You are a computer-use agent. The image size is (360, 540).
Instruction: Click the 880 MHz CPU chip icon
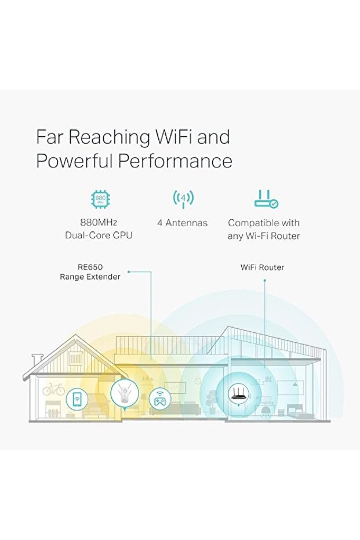[101, 200]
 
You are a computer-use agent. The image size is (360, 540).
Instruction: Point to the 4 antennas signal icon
[183, 200]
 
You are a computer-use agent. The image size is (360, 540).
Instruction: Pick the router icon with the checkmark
[266, 200]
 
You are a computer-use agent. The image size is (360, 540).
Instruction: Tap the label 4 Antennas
[182, 223]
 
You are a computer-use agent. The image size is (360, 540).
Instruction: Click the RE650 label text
[90, 267]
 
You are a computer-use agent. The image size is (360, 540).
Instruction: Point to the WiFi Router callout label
[262, 267]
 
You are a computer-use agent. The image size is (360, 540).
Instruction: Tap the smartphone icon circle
[77, 398]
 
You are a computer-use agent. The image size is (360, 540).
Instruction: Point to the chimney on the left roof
[37, 360]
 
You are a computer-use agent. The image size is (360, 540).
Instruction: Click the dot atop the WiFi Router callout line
[264, 280]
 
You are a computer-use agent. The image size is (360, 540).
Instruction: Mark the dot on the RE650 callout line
[129, 271]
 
